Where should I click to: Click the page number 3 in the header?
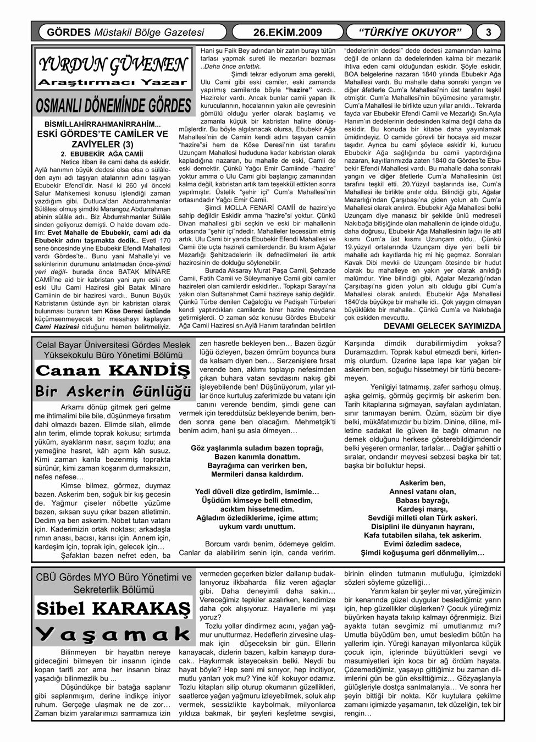[489, 32]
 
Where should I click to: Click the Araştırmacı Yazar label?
[113, 83]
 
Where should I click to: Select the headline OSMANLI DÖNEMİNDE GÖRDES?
[113, 104]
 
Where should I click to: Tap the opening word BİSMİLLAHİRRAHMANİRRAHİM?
[102, 124]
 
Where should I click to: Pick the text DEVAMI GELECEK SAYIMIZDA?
[442, 326]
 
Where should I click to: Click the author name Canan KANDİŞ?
[113, 370]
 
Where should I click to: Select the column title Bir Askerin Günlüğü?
[113, 391]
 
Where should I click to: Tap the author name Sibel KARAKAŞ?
[113, 608]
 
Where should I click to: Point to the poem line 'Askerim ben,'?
[422, 483]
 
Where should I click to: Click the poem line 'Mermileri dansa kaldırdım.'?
[257, 474]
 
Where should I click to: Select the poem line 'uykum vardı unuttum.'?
[257, 526]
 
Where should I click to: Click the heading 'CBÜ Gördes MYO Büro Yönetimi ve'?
[113, 578]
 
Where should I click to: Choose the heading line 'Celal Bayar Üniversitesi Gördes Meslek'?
[113, 345]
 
